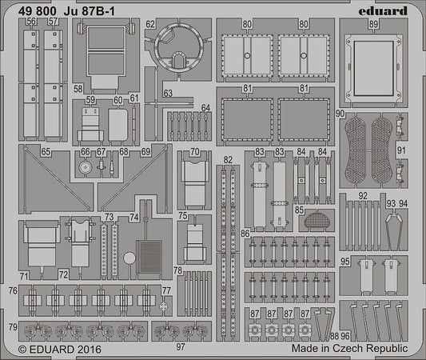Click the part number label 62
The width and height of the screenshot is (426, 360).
click(149, 25)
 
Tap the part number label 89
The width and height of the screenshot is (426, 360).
click(373, 25)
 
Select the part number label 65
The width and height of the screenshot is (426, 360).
click(46, 151)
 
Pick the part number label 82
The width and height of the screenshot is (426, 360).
click(229, 160)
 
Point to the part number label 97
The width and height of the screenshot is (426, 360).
click(181, 346)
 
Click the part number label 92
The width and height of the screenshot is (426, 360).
click(363, 194)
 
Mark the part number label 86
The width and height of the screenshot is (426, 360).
click(245, 233)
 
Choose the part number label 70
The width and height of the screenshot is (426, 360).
click(195, 151)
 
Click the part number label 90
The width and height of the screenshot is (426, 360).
click(340, 114)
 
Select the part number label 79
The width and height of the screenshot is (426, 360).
click(12, 327)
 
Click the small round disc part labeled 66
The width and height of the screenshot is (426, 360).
click(85, 169)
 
